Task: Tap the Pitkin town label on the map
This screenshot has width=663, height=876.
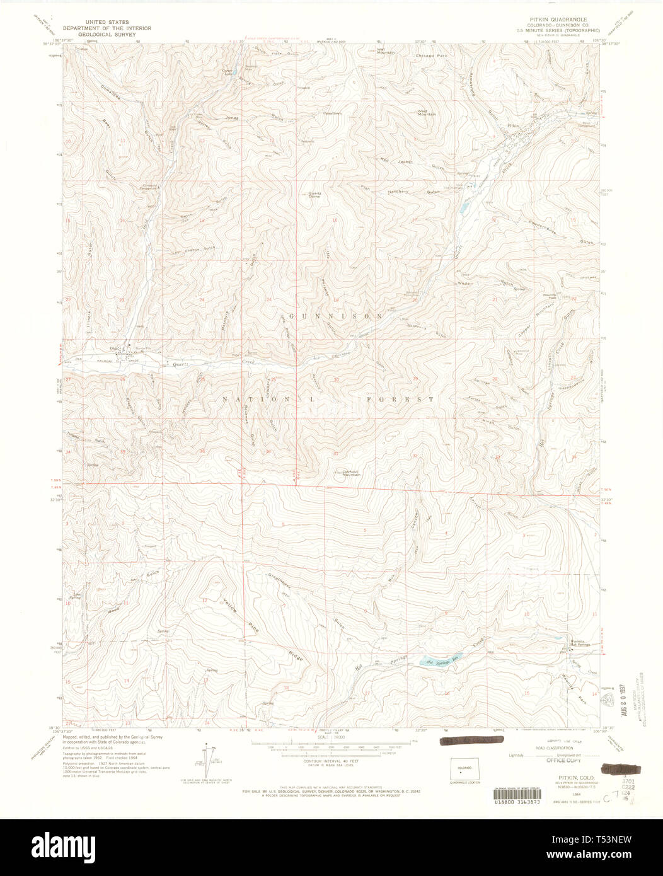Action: (514, 126)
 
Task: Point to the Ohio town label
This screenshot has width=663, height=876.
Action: (115, 349)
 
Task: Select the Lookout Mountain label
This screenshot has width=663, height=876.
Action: (351, 473)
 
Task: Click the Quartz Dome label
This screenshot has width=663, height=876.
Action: (314, 195)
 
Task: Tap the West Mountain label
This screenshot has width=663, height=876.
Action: (427, 113)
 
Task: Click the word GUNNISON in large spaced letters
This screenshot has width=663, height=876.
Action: (335, 315)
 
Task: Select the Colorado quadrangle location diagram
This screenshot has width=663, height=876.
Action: (464, 769)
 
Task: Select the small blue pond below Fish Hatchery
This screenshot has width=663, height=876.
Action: (464, 207)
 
